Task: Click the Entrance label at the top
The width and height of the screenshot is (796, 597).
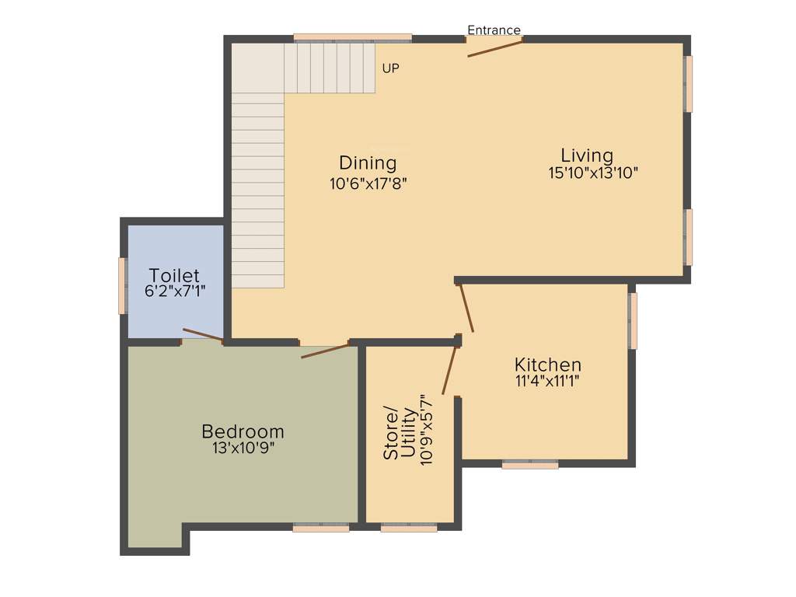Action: [494, 30]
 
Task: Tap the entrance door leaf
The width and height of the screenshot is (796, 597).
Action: [494, 47]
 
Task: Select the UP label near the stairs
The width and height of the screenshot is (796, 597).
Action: [390, 68]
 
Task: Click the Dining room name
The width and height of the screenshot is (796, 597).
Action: [368, 163]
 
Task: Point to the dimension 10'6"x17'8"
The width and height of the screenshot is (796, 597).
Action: [368, 183]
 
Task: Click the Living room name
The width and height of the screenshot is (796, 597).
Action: [587, 155]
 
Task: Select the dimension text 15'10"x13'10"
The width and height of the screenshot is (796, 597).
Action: [593, 173]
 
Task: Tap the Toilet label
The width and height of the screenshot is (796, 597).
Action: [174, 276]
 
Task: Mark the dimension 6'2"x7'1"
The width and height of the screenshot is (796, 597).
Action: [175, 292]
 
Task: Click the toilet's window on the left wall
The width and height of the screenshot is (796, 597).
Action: [122, 286]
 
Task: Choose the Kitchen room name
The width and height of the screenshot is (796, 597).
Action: [547, 365]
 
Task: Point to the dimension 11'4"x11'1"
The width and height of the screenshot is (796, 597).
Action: [547, 381]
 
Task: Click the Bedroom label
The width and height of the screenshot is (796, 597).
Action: [243, 431]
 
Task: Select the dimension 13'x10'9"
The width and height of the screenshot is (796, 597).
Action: [243, 449]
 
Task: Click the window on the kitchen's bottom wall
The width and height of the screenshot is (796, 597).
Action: [530, 465]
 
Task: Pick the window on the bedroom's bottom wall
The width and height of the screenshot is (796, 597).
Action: [321, 528]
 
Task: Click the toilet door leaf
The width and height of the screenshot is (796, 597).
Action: [203, 335]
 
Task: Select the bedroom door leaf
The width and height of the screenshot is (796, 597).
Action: [326, 351]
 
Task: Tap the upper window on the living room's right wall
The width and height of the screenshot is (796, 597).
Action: [688, 84]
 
